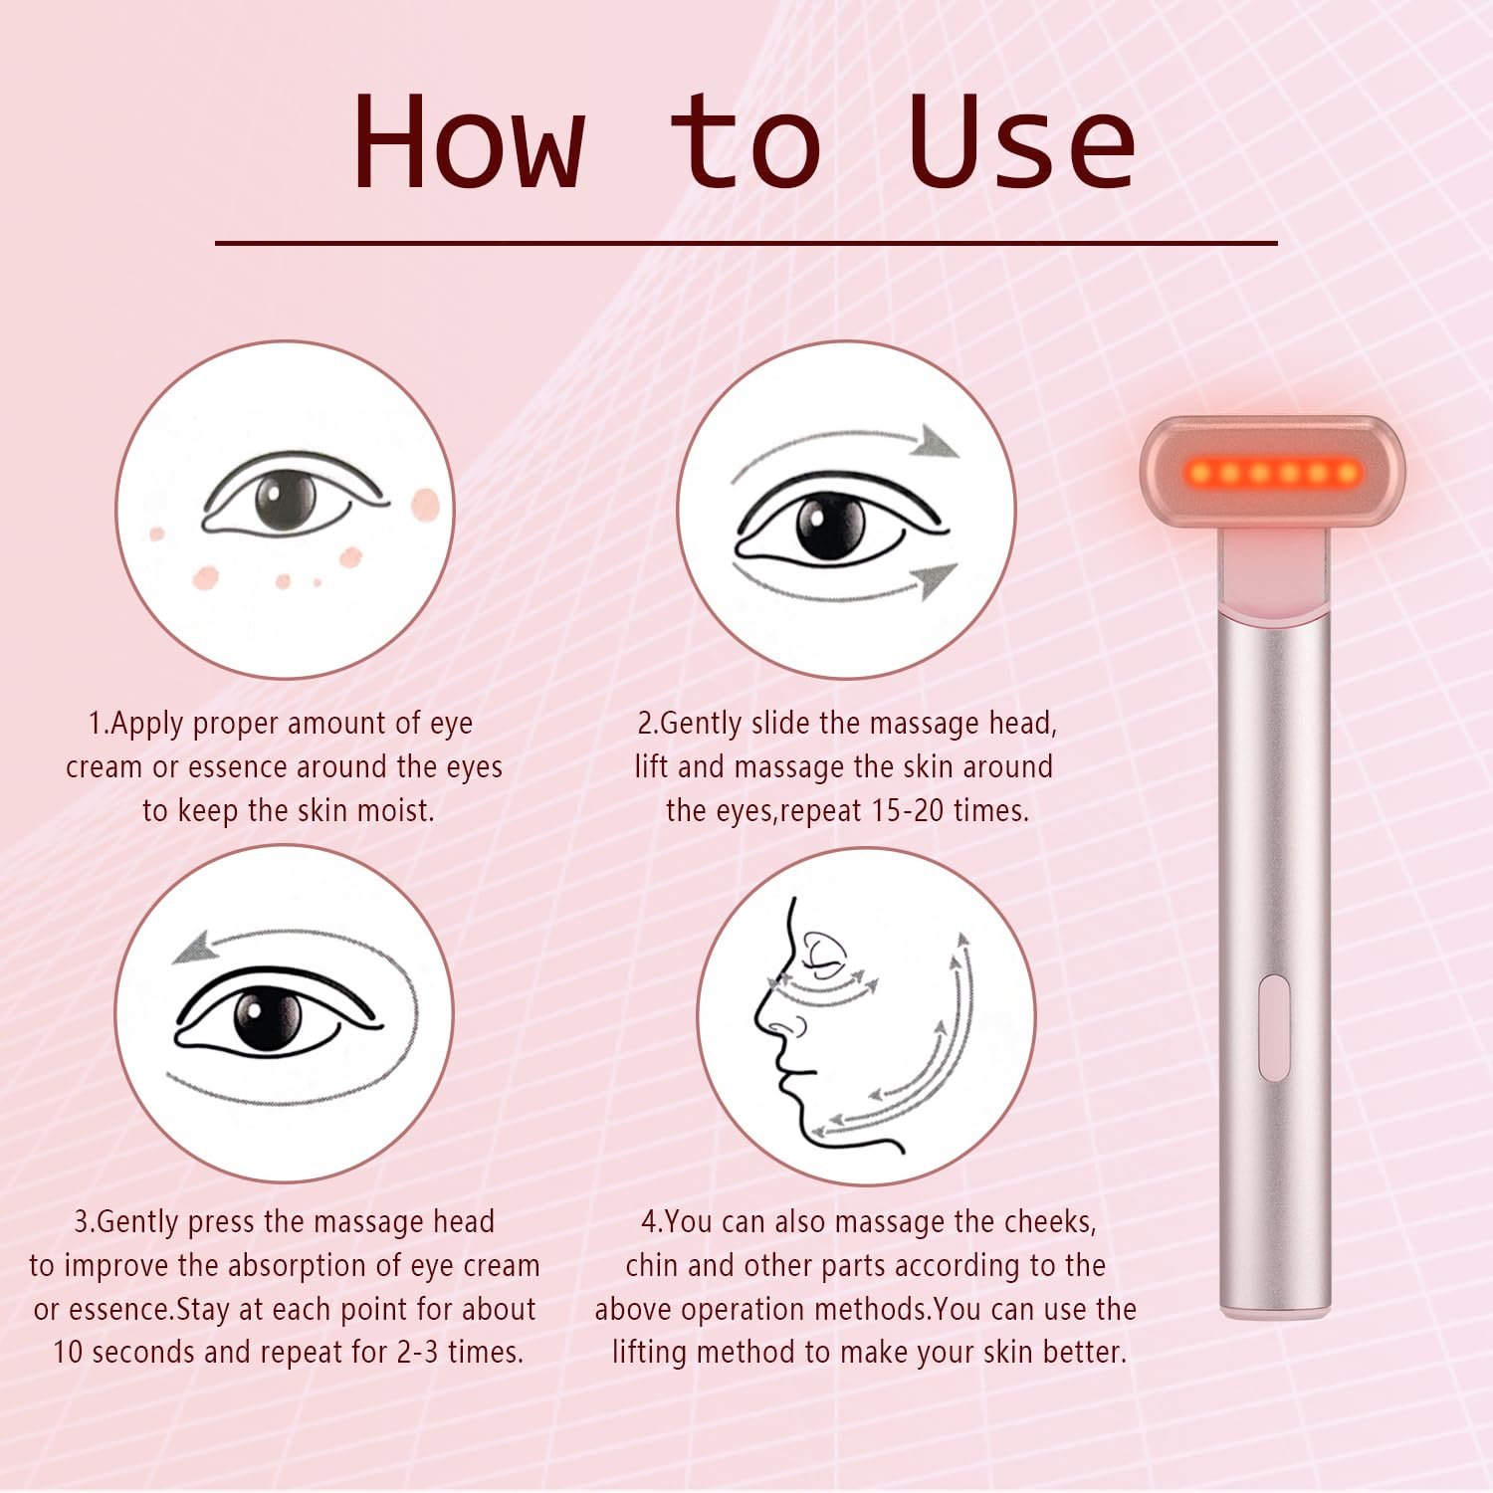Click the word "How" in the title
[x=469, y=140]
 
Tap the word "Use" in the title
[x=1022, y=140]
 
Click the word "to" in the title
[x=746, y=140]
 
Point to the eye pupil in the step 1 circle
[x=285, y=500]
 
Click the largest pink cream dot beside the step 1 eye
[x=425, y=506]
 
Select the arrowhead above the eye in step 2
[x=938, y=440]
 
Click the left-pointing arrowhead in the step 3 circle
[x=195, y=948]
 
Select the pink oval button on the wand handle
[x=1274, y=1028]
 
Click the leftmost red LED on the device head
[x=1199, y=472]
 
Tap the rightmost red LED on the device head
[x=1349, y=472]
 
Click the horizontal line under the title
[x=746, y=242]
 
